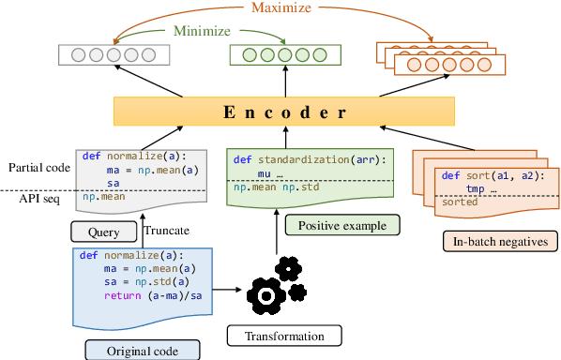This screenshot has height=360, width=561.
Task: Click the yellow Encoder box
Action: click(282, 112)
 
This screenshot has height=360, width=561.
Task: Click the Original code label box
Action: click(143, 350)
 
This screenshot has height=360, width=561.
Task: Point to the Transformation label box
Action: click(283, 336)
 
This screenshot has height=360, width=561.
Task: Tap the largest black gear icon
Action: click(265, 296)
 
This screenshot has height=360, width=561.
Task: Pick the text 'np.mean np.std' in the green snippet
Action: click(272, 187)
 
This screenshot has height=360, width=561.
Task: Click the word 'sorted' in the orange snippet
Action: click(460, 201)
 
